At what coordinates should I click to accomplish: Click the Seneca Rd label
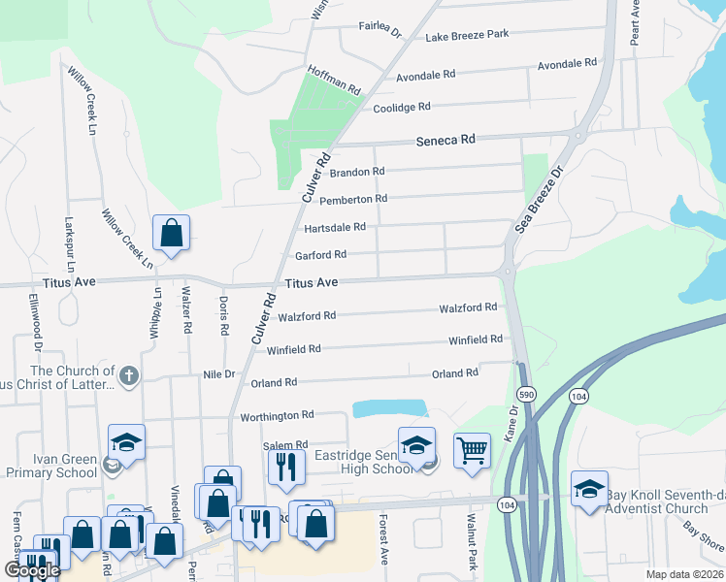click(445, 140)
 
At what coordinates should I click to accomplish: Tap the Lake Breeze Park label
click(467, 35)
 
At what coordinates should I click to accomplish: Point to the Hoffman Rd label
click(334, 77)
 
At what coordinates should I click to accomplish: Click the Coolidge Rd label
click(402, 108)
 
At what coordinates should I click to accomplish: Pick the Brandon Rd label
click(357, 173)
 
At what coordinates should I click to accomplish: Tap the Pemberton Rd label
click(353, 199)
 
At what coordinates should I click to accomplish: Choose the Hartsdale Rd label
click(335, 228)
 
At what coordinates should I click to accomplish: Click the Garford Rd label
click(320, 255)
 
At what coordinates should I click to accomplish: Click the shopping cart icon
click(472, 448)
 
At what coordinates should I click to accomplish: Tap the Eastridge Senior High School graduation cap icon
click(416, 444)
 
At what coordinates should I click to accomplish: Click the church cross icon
click(129, 374)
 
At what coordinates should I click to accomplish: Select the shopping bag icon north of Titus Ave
click(171, 233)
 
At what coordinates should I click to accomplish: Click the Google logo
click(31, 570)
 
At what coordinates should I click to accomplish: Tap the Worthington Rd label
click(277, 415)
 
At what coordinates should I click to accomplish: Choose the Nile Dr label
click(217, 374)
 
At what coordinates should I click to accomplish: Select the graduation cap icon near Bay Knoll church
click(589, 490)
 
